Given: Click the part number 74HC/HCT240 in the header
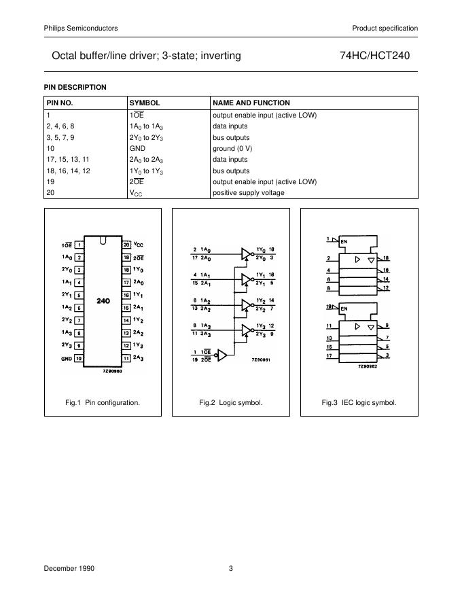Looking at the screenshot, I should coord(374,56).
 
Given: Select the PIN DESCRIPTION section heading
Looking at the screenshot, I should coord(75,87).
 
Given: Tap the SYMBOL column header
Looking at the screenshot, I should coord(145,103).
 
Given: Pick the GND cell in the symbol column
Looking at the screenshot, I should coord(137,148).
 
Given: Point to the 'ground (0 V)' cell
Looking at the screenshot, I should coord(232,148).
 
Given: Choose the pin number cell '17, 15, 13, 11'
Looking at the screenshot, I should coord(68,160).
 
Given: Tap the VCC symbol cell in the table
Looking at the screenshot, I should coord(136,193).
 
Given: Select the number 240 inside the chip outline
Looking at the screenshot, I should coord(103,300).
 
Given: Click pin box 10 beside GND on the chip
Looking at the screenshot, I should coord(79,358).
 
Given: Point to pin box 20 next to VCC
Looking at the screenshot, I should coord(126,245).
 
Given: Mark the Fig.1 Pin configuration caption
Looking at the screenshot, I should coord(103,402).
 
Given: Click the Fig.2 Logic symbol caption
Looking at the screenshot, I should coord(230,402).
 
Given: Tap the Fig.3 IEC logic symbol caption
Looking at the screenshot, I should coord(359,402).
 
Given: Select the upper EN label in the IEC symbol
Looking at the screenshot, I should coord(344,242).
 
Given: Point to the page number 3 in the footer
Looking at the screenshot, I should coord(230,569).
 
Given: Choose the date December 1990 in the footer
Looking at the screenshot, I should coord(69,569).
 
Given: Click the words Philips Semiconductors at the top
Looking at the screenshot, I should coord(81,28).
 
